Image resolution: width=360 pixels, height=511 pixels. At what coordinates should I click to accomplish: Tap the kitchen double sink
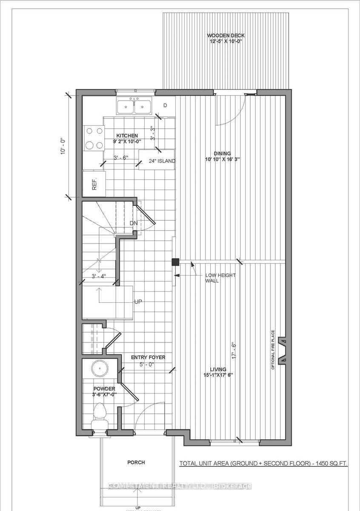(x=134, y=106)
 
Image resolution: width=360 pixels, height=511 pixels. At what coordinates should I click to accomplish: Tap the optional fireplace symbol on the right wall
(x=281, y=351)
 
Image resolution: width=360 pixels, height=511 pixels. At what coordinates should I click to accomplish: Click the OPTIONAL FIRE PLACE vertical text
(x=273, y=349)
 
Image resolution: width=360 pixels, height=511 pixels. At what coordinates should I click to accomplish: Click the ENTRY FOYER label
(x=148, y=358)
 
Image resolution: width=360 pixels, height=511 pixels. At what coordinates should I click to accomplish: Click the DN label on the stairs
(x=133, y=224)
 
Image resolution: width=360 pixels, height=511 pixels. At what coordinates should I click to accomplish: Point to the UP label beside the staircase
(x=138, y=301)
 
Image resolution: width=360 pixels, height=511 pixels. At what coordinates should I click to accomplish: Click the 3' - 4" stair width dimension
(x=99, y=276)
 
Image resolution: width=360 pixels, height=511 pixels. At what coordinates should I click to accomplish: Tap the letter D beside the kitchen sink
(x=165, y=105)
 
